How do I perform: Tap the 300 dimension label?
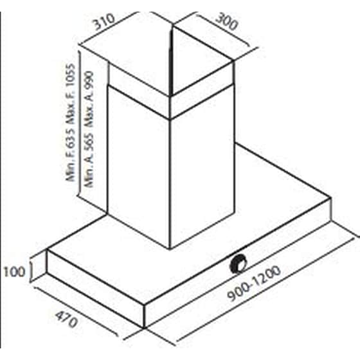227,22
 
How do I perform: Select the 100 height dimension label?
14,272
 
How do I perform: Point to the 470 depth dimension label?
66,319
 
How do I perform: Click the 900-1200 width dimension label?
254,283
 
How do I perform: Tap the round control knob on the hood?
239,264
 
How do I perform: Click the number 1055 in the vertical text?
71,76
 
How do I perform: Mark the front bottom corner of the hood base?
144,328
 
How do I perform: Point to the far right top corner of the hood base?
330,197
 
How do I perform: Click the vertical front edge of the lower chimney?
170,184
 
